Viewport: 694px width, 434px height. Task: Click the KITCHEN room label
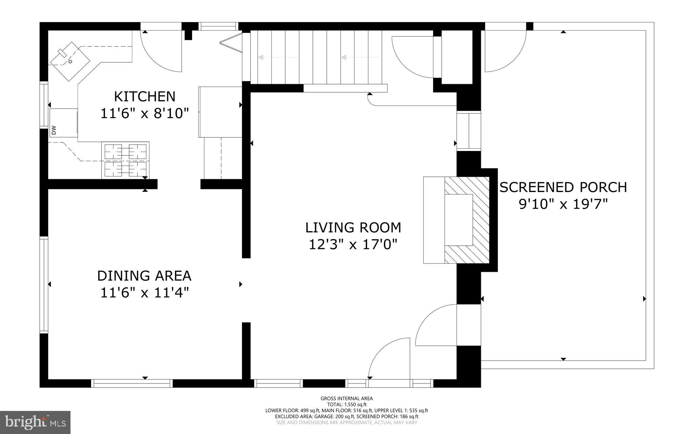145,97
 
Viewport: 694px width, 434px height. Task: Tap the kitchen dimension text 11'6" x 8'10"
145,113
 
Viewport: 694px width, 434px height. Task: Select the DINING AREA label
144,276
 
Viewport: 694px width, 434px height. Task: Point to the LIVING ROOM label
353,228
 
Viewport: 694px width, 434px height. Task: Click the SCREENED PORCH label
563,187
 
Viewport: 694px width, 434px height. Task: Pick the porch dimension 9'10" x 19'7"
563,204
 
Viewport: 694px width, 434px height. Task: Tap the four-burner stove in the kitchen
125,160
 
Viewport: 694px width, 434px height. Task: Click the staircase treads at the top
319,57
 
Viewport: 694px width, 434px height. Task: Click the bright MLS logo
35,422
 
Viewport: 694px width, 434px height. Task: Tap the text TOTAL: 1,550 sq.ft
347,404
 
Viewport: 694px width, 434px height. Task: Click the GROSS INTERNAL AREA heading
347,398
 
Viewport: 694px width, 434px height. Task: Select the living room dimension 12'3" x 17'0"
353,244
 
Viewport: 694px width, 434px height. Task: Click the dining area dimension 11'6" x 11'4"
144,293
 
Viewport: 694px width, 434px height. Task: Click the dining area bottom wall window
132,383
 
